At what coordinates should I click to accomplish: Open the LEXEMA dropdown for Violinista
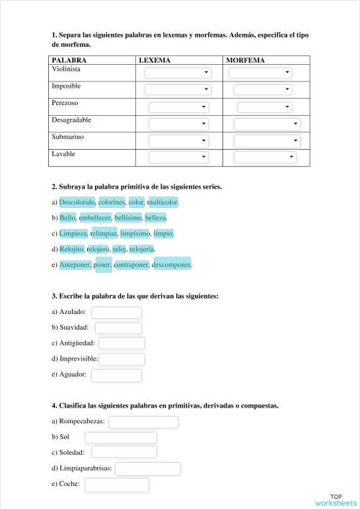coord(178,73)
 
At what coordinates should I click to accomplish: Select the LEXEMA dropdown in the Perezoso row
coord(178,107)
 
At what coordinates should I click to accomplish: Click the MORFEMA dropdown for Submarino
coord(266,140)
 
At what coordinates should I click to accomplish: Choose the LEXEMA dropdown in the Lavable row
coord(178,157)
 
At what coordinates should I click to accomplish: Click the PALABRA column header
coord(69,61)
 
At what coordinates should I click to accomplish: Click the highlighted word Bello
coord(68,217)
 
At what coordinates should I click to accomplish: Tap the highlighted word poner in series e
coord(102,265)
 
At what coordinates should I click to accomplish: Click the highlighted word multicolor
coord(163,202)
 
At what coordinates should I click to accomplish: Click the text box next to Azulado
coord(116,312)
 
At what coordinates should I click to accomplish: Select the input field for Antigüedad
coord(121,343)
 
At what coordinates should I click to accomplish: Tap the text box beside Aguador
coord(116,375)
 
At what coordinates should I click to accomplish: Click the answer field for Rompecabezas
coord(143,422)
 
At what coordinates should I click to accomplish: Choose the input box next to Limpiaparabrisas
coord(147,469)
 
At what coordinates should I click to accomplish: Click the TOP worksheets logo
coord(335,499)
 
